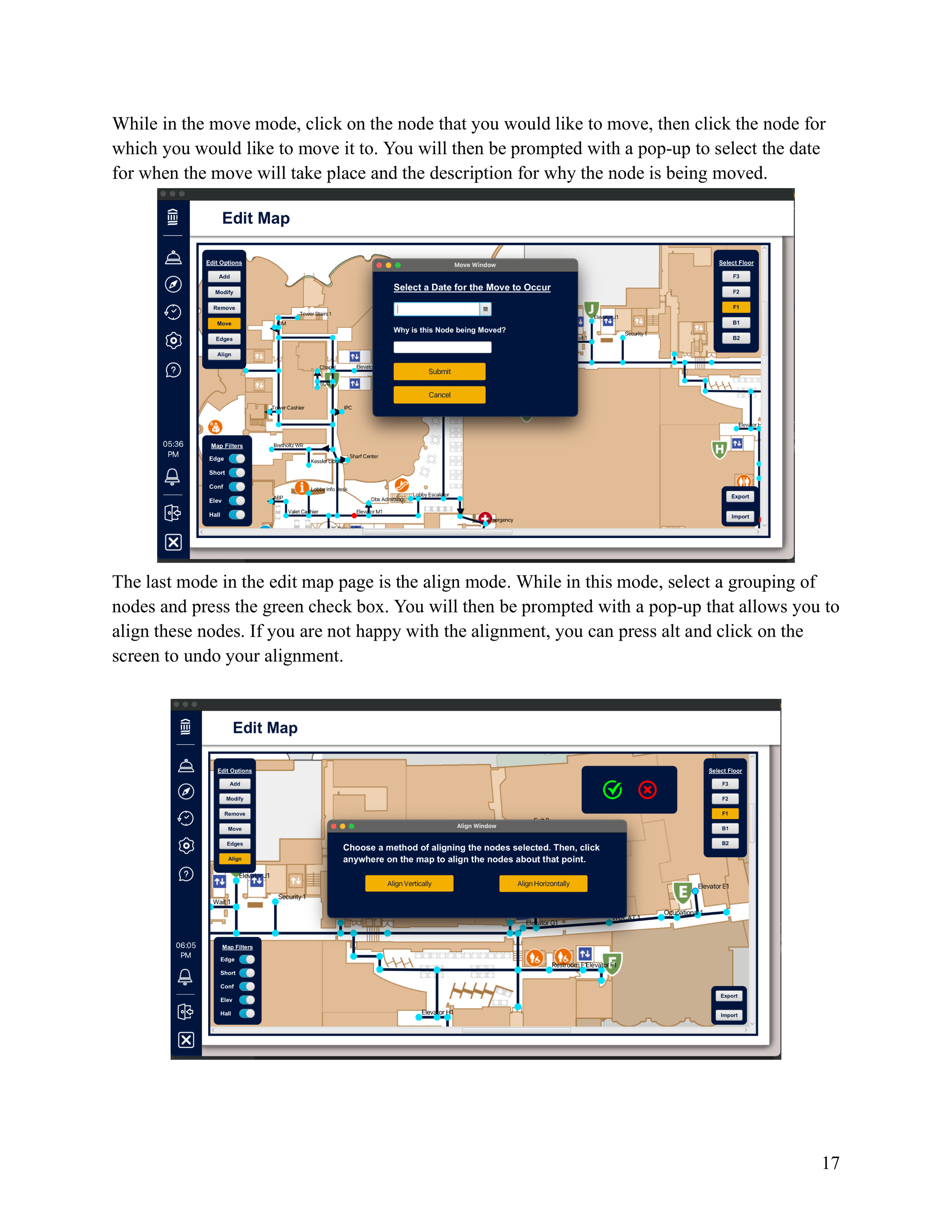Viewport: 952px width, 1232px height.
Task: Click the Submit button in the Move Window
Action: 439,371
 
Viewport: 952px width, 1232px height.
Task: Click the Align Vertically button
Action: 409,884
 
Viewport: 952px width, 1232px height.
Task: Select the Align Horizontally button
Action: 543,884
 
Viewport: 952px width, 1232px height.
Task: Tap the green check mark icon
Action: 612,790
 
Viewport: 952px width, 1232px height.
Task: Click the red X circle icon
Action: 647,790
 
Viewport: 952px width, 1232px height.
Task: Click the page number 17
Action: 830,1163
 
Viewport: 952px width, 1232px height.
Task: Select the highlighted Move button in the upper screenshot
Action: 224,323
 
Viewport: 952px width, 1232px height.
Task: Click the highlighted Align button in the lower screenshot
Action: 235,858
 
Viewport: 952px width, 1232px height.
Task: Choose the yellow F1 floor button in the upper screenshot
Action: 736,307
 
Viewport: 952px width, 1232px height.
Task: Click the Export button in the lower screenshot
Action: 729,996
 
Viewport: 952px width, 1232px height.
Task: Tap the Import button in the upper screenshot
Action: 740,516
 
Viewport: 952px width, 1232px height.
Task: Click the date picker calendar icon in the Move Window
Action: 486,309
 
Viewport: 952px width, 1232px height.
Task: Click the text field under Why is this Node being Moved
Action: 442,347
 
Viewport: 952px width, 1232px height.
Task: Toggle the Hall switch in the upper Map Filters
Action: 237,515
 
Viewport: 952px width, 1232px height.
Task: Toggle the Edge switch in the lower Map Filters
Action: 247,959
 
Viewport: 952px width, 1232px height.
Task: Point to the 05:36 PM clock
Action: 173,449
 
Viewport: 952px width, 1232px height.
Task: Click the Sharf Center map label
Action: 364,456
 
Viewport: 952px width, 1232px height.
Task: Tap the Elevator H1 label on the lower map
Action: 437,1012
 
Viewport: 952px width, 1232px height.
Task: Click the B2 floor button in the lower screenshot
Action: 725,843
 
